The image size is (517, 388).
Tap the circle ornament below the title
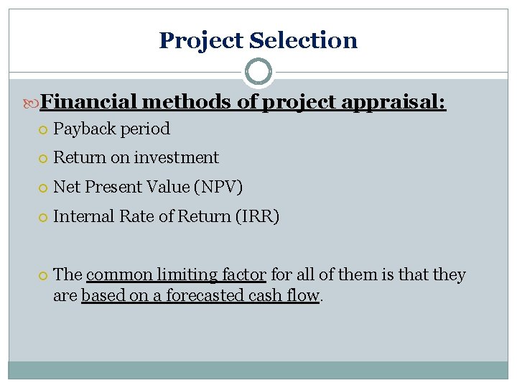(258, 72)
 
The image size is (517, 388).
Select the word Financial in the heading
(87, 103)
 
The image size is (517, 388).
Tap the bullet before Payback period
(43, 130)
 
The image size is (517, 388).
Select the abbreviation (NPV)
(220, 188)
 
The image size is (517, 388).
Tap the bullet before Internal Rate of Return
(43, 217)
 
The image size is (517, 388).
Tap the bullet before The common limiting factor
(43, 275)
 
